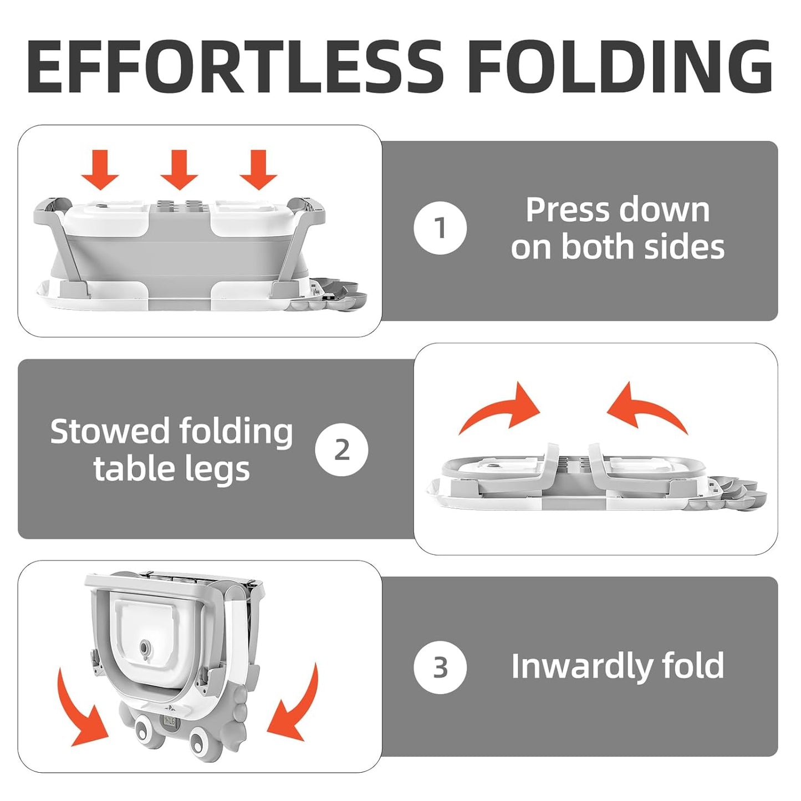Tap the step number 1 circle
click(440, 228)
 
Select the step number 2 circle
click(341, 450)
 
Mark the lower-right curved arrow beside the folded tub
click(294, 707)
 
